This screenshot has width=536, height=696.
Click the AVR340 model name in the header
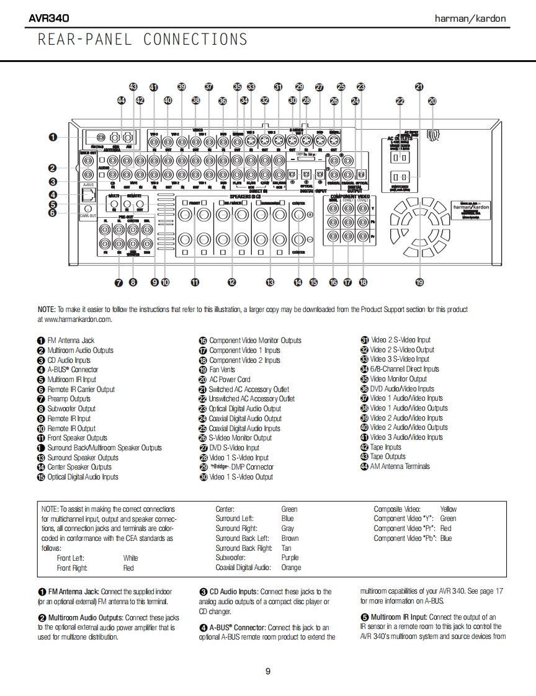(x=49, y=18)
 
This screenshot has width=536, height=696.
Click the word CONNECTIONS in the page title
(x=195, y=40)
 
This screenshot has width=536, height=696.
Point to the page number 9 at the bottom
(x=268, y=671)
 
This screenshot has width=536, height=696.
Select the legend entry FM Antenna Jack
(x=71, y=341)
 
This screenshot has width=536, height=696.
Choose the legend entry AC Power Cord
(x=230, y=380)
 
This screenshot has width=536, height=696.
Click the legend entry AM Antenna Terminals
(x=400, y=466)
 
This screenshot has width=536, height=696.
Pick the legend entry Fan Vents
(x=222, y=370)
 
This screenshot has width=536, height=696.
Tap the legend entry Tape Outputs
(x=388, y=457)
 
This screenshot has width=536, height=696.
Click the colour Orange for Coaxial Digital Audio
(x=291, y=568)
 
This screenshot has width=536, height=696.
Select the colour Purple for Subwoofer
(x=290, y=558)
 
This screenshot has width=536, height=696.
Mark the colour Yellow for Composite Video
(x=448, y=509)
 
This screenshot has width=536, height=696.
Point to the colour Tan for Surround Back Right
(x=286, y=548)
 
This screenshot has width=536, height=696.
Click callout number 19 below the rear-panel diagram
(x=419, y=282)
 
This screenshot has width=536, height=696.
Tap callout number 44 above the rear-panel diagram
(x=121, y=100)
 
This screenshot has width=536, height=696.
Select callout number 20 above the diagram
(x=432, y=100)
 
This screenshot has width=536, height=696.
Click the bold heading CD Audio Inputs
(x=234, y=592)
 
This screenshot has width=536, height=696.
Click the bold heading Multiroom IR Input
(x=399, y=617)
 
